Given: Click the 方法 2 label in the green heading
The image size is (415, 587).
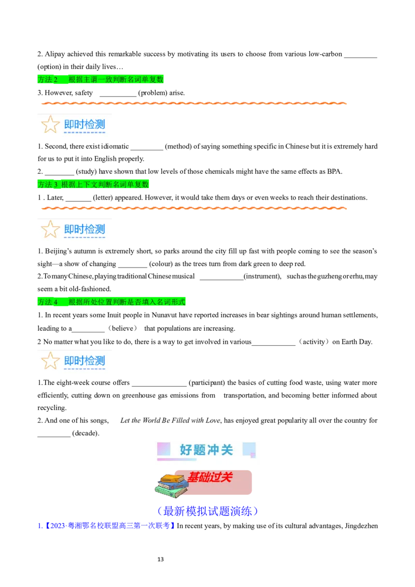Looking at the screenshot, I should pyautogui.click(x=48, y=79).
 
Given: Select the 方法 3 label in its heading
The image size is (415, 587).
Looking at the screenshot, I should pyautogui.click(x=48, y=185).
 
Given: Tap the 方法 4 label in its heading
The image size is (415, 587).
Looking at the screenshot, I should pyautogui.click(x=48, y=302).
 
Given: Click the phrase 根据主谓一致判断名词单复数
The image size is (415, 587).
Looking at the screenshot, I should pyautogui.click(x=116, y=79).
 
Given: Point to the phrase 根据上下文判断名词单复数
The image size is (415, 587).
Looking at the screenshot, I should pyautogui.click(x=105, y=185).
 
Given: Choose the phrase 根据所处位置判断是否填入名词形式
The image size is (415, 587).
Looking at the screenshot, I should pyautogui.click(x=127, y=302).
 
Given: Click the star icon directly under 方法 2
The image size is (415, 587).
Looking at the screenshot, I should pyautogui.click(x=50, y=124).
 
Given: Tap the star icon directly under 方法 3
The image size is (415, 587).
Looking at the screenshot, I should pyautogui.click(x=50, y=229).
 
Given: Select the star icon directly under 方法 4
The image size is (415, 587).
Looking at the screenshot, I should pyautogui.click(x=50, y=361).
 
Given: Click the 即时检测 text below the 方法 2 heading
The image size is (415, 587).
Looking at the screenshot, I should pyautogui.click(x=85, y=124).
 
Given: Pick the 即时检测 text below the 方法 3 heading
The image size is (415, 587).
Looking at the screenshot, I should pyautogui.click(x=85, y=229).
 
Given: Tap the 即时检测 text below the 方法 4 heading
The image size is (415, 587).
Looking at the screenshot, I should pyautogui.click(x=85, y=361).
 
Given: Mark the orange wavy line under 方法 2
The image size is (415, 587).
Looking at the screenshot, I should pyautogui.click(x=193, y=104).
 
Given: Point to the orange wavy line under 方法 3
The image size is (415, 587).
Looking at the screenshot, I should pyautogui.click(x=193, y=208).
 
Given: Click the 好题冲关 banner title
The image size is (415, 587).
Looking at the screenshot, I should pyautogui.click(x=206, y=450).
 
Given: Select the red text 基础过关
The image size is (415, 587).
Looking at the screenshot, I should pyautogui.click(x=210, y=477).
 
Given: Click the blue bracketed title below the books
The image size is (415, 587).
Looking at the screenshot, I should pyautogui.click(x=207, y=511).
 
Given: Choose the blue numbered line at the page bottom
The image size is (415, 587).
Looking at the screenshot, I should pyautogui.click(x=106, y=526).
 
